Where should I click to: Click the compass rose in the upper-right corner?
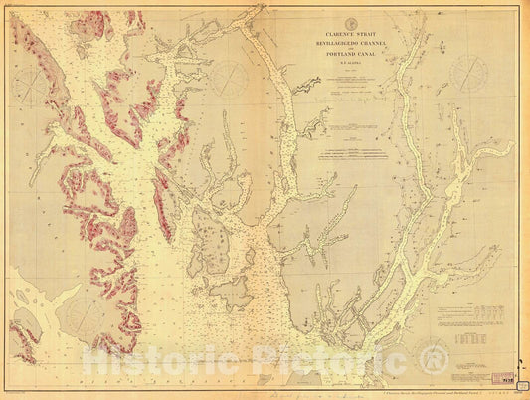[467, 73]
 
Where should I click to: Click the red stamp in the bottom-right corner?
[509, 381]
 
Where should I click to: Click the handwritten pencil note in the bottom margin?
[288, 393]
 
